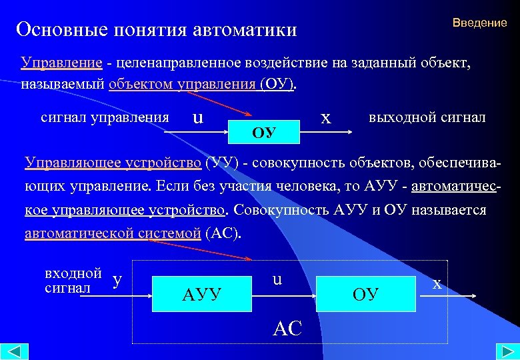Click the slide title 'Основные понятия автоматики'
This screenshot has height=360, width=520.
tap(157, 29)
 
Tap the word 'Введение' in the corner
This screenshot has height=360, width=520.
tap(479, 23)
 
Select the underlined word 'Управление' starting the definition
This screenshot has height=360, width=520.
tap(61, 63)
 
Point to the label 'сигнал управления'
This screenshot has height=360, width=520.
tap(105, 117)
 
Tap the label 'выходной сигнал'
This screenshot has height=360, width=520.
tap(427, 117)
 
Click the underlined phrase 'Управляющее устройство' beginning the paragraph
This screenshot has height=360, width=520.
tap(113, 163)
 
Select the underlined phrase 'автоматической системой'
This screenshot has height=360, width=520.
tap(113, 233)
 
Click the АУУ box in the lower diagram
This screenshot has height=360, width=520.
tap(201, 292)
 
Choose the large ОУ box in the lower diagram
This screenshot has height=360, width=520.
tap(366, 292)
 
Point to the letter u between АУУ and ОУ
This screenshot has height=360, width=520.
tap(277, 281)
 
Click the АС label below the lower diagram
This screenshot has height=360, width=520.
tap(288, 327)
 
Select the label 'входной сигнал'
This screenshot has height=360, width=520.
tap(73, 281)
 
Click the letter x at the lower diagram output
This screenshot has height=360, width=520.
tap(437, 283)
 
